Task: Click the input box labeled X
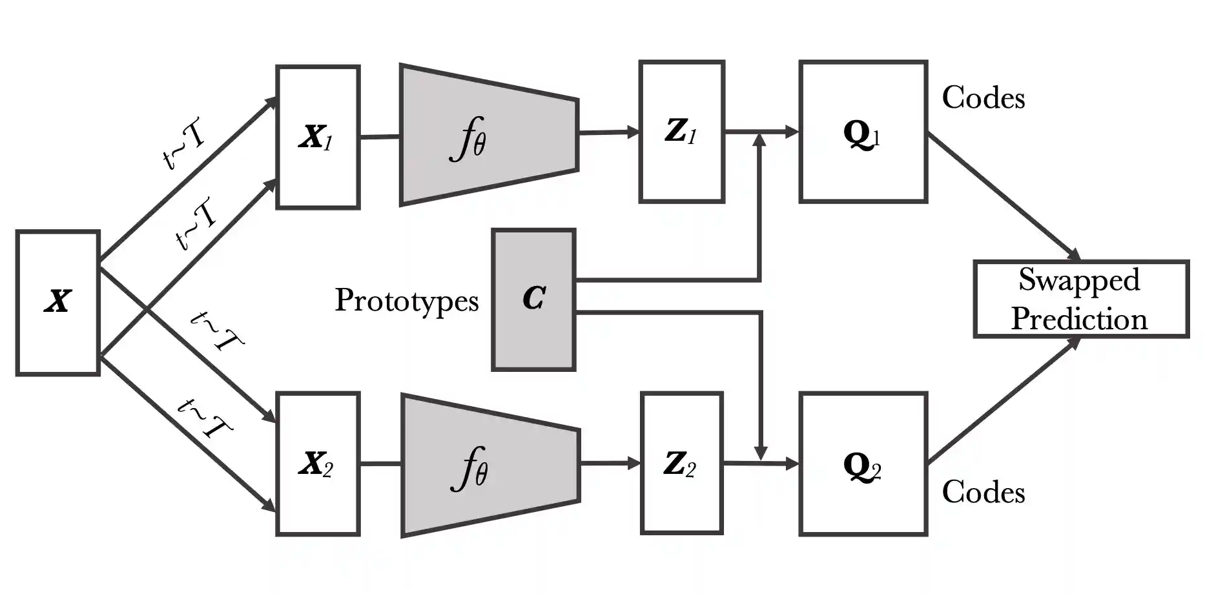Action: click(57, 302)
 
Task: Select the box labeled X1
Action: click(318, 137)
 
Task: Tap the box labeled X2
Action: click(318, 464)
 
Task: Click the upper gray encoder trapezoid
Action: click(489, 135)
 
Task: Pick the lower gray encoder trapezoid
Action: click(490, 465)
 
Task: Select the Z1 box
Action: click(681, 132)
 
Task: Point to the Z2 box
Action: click(681, 463)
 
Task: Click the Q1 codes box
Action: click(863, 132)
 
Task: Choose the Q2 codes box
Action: click(863, 464)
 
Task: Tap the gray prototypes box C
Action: click(533, 300)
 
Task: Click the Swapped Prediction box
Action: click(1080, 299)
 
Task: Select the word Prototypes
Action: click(406, 301)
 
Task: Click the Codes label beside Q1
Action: click(983, 98)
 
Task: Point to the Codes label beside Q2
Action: click(983, 493)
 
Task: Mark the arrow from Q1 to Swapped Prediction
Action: click(1004, 196)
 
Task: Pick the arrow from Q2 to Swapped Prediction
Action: click(1004, 401)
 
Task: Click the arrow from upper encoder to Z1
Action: click(608, 132)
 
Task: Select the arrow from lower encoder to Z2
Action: click(610, 463)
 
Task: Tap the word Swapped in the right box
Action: click(1079, 280)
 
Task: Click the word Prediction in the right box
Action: click(1079, 319)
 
